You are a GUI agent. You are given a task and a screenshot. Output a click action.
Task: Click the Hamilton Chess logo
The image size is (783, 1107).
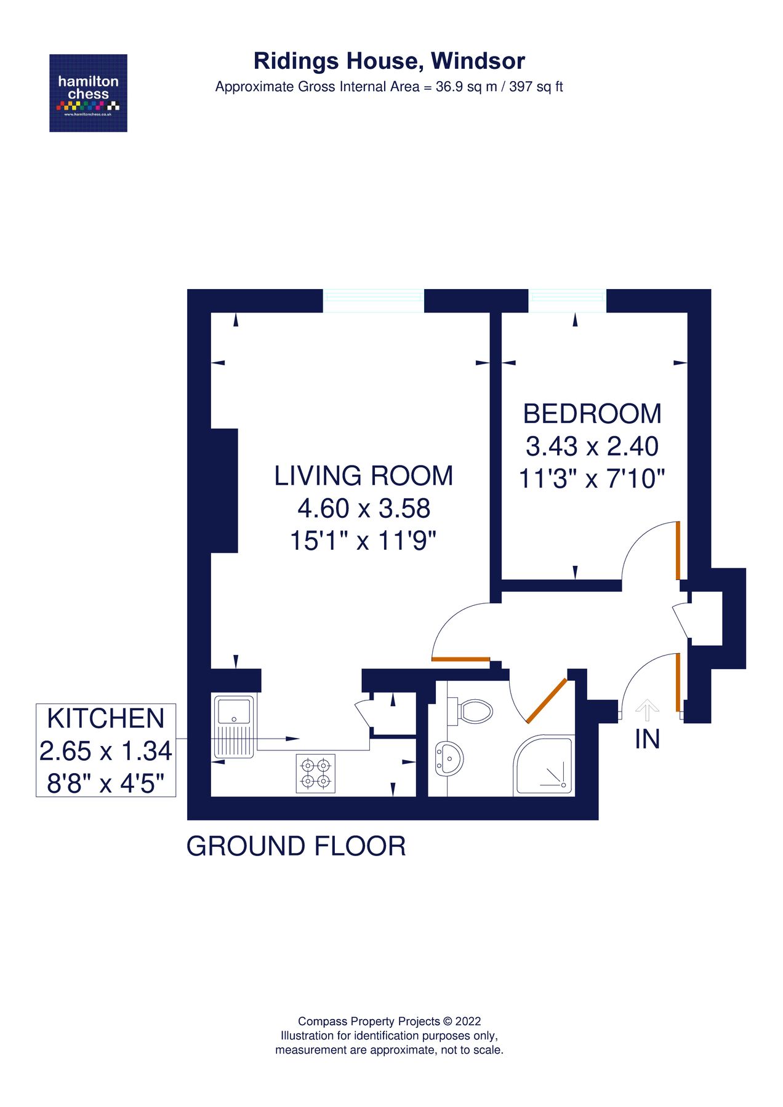[x=88, y=93]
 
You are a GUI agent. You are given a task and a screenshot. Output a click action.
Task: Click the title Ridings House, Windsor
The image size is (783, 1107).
[x=389, y=61]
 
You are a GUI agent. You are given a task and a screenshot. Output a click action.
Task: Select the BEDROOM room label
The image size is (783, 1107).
[x=592, y=414]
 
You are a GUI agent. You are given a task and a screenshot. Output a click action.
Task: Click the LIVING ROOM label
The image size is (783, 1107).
[x=363, y=476]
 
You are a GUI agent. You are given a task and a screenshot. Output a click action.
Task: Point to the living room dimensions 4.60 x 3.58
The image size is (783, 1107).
[x=363, y=509]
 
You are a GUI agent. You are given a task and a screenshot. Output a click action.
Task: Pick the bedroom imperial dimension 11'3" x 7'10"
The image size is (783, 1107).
[x=592, y=478]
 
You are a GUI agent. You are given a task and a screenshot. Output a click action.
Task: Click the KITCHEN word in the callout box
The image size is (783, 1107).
[x=106, y=718]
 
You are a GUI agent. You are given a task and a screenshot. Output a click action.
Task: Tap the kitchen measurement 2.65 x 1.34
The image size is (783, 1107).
[x=106, y=751]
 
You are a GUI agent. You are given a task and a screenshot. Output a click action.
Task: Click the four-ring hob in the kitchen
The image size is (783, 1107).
[x=315, y=773]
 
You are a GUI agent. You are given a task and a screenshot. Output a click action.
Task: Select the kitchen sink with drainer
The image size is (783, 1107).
[x=233, y=726]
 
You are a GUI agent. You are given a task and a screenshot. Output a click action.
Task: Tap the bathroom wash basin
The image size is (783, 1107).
[x=449, y=758]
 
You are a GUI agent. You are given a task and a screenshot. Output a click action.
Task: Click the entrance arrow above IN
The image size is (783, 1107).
[x=646, y=710]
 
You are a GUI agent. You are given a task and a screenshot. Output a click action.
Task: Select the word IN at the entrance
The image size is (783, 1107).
[x=647, y=739]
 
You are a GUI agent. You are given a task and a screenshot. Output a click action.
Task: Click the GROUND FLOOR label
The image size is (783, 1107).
[x=296, y=846]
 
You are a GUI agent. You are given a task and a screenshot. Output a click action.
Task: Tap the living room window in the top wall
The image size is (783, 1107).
[x=374, y=301]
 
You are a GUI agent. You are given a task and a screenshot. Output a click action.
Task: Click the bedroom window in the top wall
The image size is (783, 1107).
[x=567, y=301]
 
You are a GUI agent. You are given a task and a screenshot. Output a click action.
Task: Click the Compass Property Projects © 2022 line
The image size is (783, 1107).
[x=389, y=1022]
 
